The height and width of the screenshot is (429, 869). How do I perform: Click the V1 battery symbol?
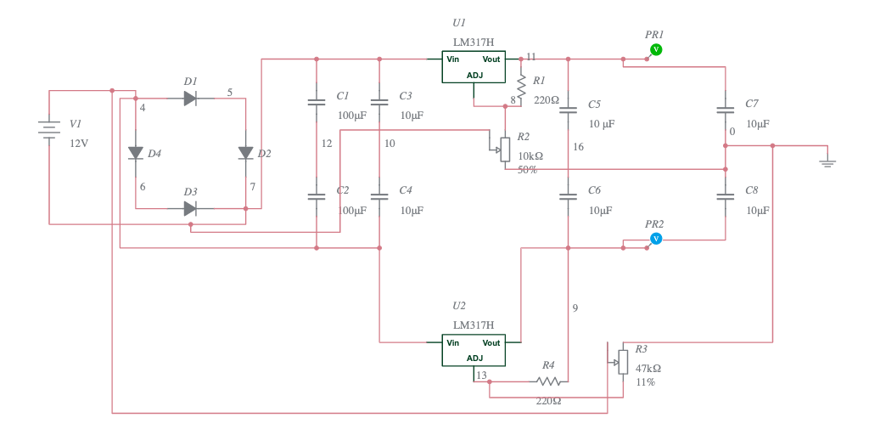[x=49, y=129]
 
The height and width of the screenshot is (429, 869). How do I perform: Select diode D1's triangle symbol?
[x=190, y=99]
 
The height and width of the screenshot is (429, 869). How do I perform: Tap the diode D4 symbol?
[x=135, y=153]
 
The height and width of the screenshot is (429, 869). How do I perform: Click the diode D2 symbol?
[x=245, y=153]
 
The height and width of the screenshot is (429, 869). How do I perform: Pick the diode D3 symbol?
[x=190, y=208]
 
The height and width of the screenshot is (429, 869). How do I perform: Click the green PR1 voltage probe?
[x=655, y=50]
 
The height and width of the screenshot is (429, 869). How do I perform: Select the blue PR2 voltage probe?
[x=655, y=240]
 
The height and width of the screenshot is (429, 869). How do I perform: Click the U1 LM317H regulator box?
[x=473, y=67]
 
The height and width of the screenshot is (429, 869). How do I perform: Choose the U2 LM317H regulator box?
[x=473, y=350]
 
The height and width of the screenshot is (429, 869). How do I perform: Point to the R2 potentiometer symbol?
[x=505, y=150]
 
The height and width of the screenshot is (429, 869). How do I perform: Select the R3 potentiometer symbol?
[x=623, y=362]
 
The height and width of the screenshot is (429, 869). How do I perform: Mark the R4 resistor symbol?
[x=547, y=381]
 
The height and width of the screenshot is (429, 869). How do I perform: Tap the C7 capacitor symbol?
[x=725, y=110]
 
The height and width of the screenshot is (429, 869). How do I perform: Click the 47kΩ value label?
[x=648, y=369]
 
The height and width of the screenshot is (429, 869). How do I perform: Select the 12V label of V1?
[x=79, y=144]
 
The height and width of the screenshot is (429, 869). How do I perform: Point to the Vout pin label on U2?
[x=491, y=342]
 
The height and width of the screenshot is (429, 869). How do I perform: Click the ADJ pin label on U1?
[x=474, y=76]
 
